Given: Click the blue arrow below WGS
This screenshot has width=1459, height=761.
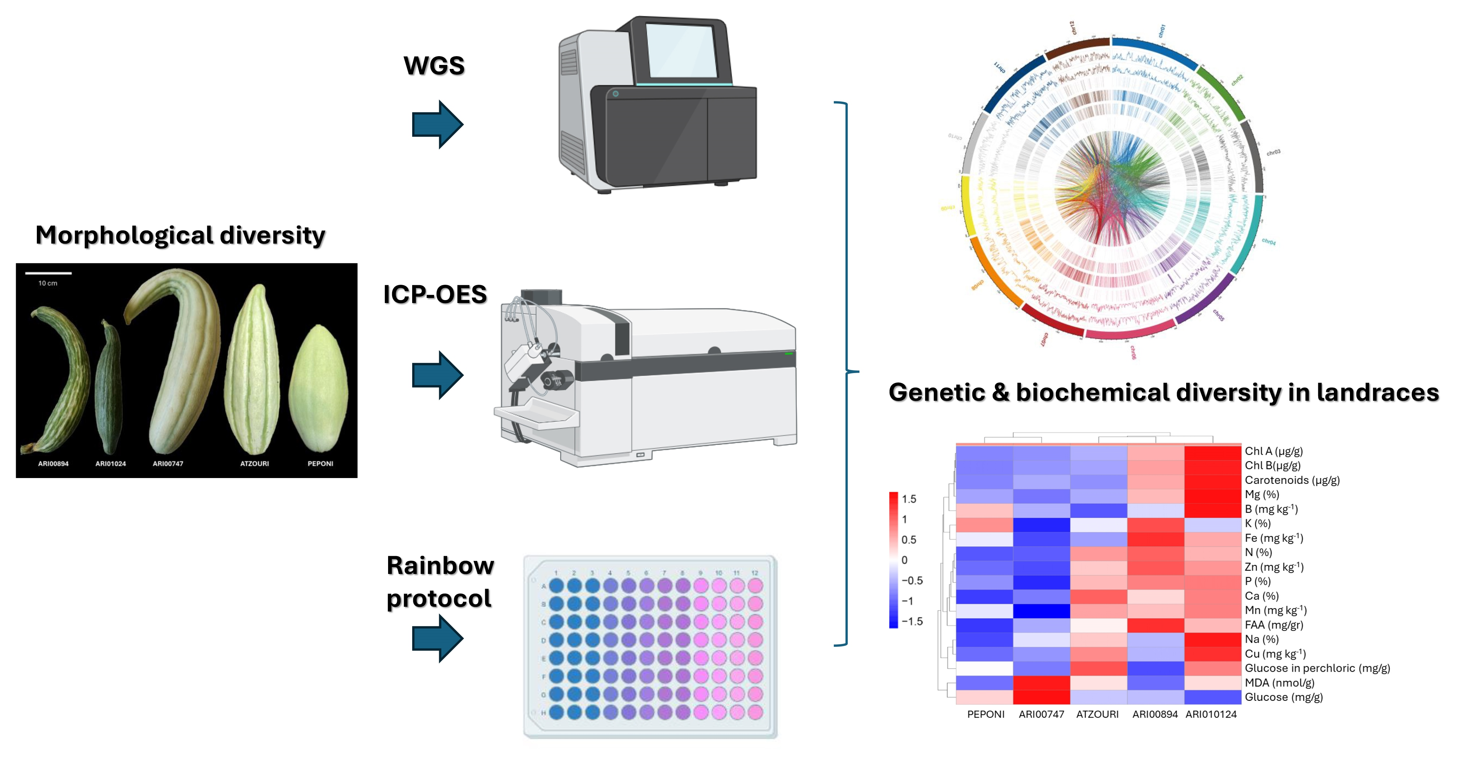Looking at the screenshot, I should (437, 125).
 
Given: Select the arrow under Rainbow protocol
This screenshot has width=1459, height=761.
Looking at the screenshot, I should (437, 638).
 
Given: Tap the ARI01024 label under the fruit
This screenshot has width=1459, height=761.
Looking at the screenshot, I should (111, 464).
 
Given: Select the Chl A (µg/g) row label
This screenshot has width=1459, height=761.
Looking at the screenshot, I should (1273, 451).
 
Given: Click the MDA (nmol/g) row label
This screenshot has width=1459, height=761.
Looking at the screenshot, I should (1279, 683).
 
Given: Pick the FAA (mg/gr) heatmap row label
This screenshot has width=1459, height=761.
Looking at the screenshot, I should (1273, 625).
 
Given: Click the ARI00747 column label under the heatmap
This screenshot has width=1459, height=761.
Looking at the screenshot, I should (1041, 715).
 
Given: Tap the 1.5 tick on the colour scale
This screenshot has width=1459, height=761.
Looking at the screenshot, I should (909, 499).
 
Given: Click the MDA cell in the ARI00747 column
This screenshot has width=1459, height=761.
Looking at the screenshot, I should (1041, 683).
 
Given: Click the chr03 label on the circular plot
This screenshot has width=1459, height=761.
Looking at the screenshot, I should (1273, 152).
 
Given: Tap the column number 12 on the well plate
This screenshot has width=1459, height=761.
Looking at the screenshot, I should (754, 573).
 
